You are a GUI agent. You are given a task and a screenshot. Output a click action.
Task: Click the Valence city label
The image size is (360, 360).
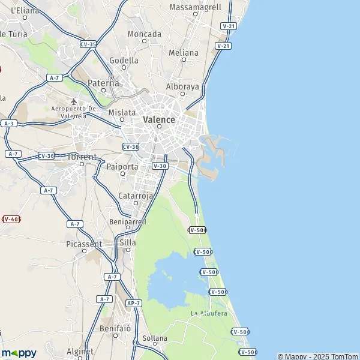(159, 119)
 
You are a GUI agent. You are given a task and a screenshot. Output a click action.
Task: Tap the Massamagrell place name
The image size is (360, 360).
(196, 7)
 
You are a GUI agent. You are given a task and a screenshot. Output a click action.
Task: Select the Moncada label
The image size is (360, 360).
(145, 34)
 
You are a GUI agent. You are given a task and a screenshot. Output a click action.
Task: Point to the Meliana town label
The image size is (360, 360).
(184, 53)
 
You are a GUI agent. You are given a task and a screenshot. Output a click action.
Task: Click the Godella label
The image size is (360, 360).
(124, 61)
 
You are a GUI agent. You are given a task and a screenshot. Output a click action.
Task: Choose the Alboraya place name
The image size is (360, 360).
(182, 86)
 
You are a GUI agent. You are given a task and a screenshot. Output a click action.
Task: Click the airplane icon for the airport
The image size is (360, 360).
(74, 101)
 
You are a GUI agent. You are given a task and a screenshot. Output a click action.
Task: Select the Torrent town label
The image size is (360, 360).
(82, 157)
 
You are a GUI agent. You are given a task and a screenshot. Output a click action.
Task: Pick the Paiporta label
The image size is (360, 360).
(122, 167)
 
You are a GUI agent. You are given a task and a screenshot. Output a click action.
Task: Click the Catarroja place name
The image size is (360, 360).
(136, 196)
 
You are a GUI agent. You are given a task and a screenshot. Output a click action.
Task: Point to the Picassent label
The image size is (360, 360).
(84, 244)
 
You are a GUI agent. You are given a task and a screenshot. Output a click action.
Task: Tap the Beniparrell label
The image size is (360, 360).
(128, 221)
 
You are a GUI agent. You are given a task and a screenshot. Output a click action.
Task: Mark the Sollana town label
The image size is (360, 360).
(155, 338)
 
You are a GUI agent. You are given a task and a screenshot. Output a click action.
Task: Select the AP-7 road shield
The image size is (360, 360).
(134, 304)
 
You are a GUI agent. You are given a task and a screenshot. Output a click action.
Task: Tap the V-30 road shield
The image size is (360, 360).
(159, 166)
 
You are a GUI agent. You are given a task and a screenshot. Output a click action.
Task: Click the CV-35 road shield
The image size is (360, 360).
(88, 44)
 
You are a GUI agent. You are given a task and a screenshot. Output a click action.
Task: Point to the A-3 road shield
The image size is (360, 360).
(8, 123)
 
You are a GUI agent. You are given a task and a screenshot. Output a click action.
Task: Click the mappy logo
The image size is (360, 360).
(19, 353)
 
